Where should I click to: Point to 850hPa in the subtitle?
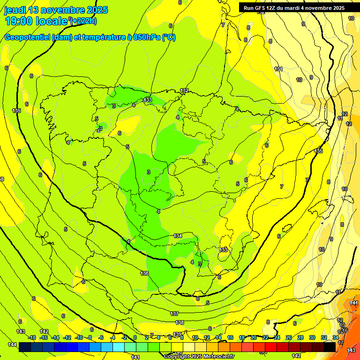pyautogui.click(x=143, y=37)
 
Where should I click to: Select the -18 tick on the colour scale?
pyautogui.click(x=32, y=337)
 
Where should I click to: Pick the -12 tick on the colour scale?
pyautogui.click(x=67, y=337)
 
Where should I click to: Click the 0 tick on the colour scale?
pyautogui.click(x=135, y=337)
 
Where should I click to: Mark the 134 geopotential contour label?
pyautogui.click(x=178, y=236)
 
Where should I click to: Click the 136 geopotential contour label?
pyautogui.click(x=144, y=273)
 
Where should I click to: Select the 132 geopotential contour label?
pyautogui.click(x=184, y=90)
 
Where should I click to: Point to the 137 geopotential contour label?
pyautogui.click(x=174, y=313)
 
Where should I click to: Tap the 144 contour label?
pyautogui.click(x=12, y=345)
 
